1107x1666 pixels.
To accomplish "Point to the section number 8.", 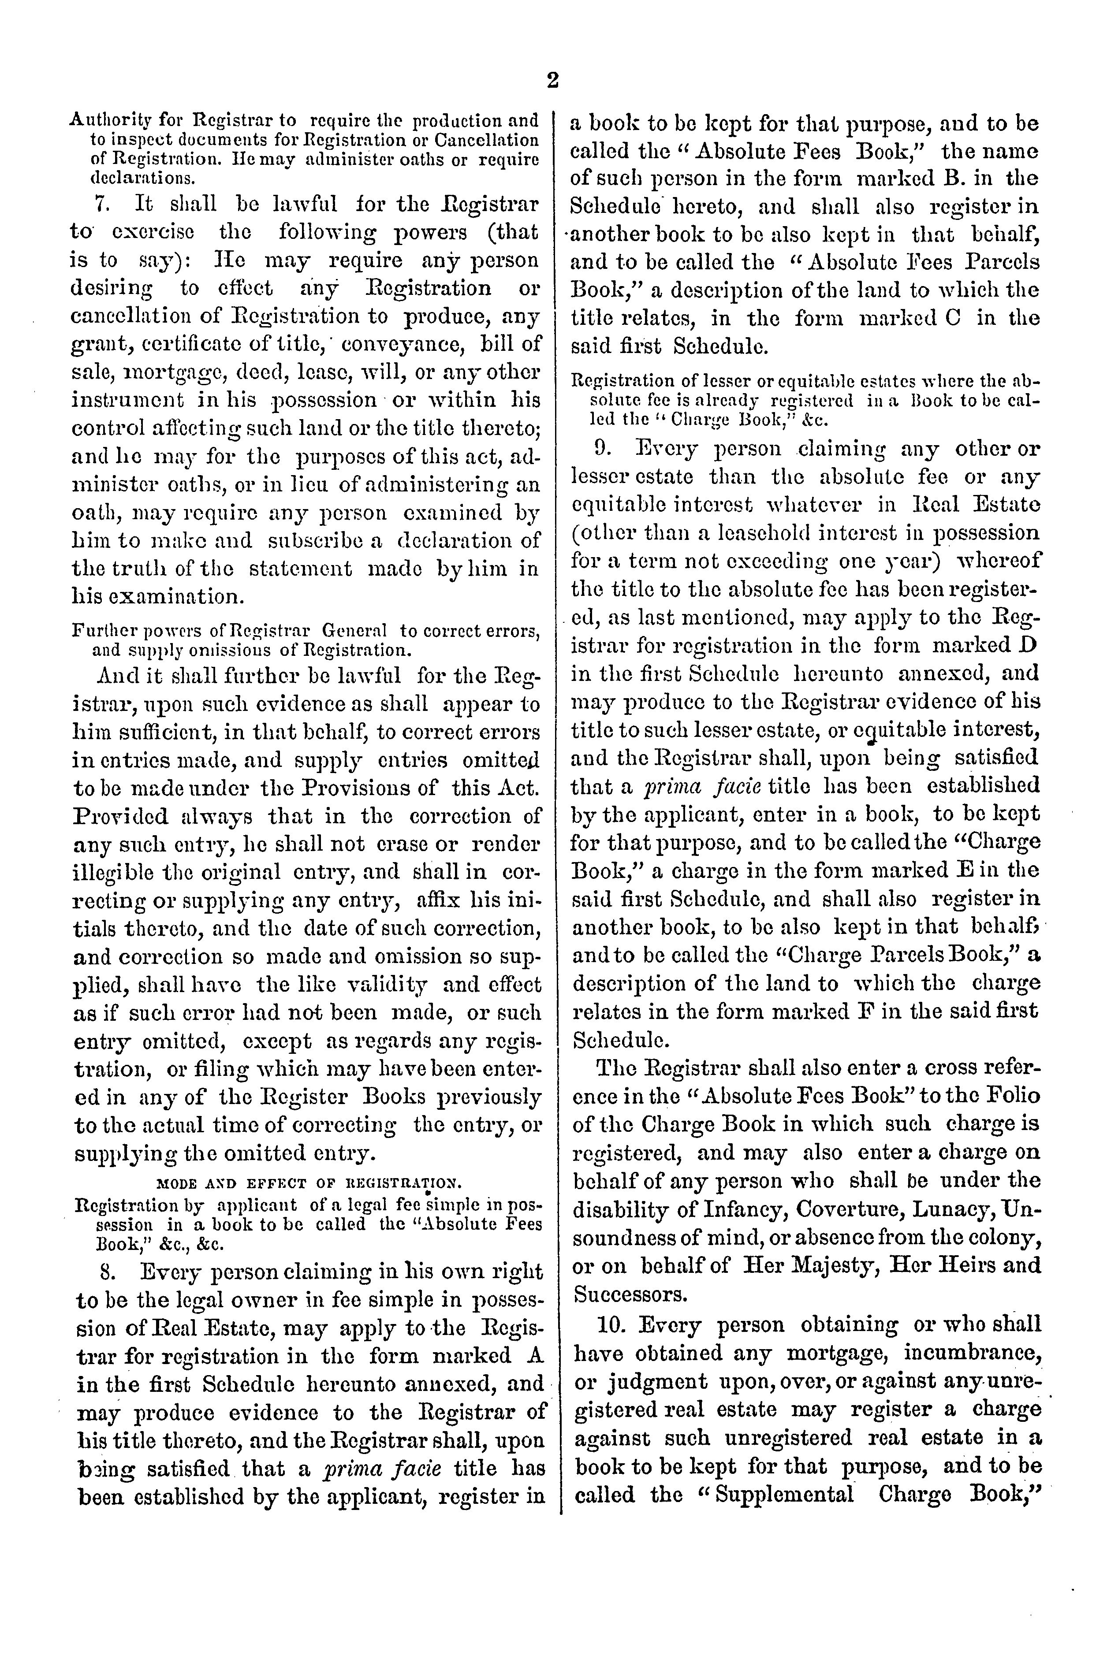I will click(108, 1272).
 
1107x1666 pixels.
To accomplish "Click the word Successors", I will click(620, 1294).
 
